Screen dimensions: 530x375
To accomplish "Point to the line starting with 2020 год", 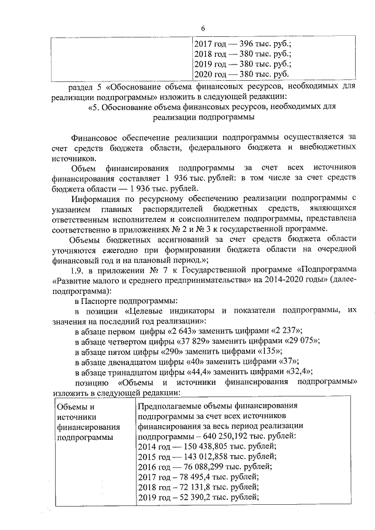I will (x=241, y=74).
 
